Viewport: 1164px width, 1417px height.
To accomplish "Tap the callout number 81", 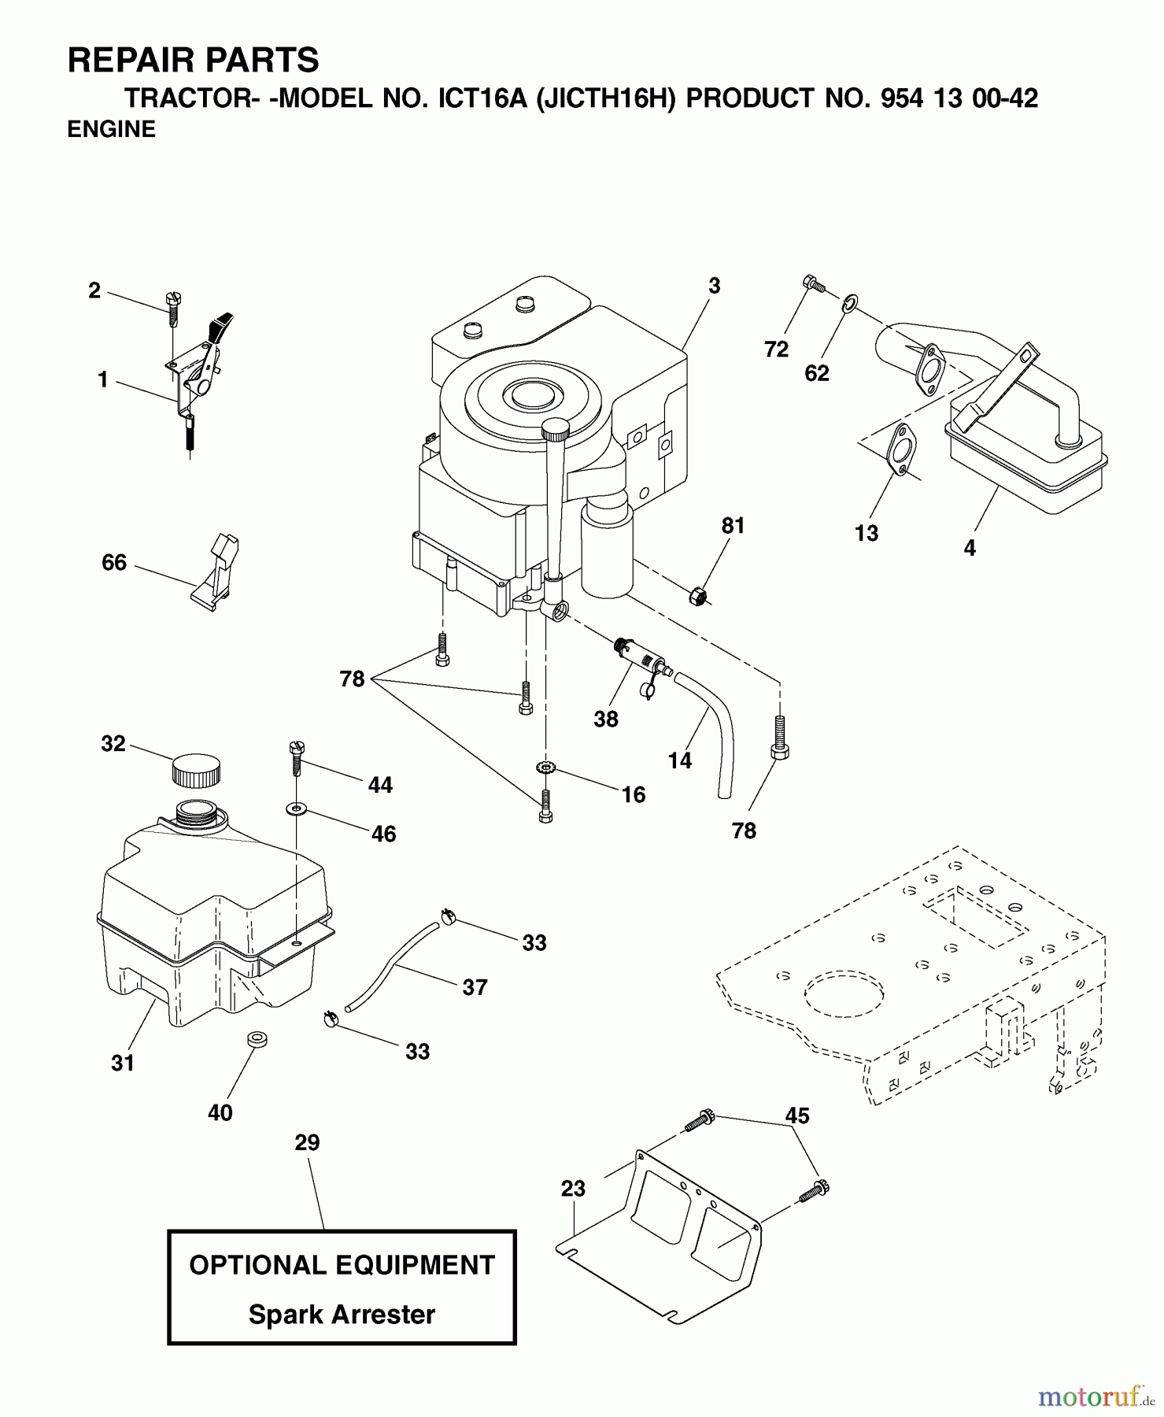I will [x=733, y=526].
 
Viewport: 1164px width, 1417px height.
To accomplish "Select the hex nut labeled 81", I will [x=697, y=597].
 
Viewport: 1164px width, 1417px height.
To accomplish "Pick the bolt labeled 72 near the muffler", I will [x=813, y=283].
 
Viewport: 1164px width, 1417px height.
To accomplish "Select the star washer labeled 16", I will [x=544, y=768].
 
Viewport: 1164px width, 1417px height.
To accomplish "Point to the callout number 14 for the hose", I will [x=679, y=760].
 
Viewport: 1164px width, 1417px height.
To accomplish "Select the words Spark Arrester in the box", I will [x=342, y=1315].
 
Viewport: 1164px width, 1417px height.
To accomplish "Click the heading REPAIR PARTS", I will [x=193, y=60].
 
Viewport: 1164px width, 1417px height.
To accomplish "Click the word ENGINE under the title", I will [x=111, y=130].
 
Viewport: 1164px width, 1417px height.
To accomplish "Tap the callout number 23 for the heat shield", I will [x=573, y=1189].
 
